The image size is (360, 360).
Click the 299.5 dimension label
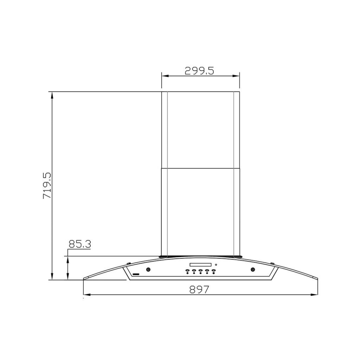tap(199, 71)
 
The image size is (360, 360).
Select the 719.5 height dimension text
tap(47, 186)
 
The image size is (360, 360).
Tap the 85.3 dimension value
tap(80, 244)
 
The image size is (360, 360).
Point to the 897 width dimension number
tap(199, 290)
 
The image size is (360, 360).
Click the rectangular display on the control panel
tap(200, 265)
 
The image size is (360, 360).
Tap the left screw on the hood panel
tap(149, 269)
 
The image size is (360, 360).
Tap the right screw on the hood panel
tap(253, 269)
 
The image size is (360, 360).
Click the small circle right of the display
tap(216, 265)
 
